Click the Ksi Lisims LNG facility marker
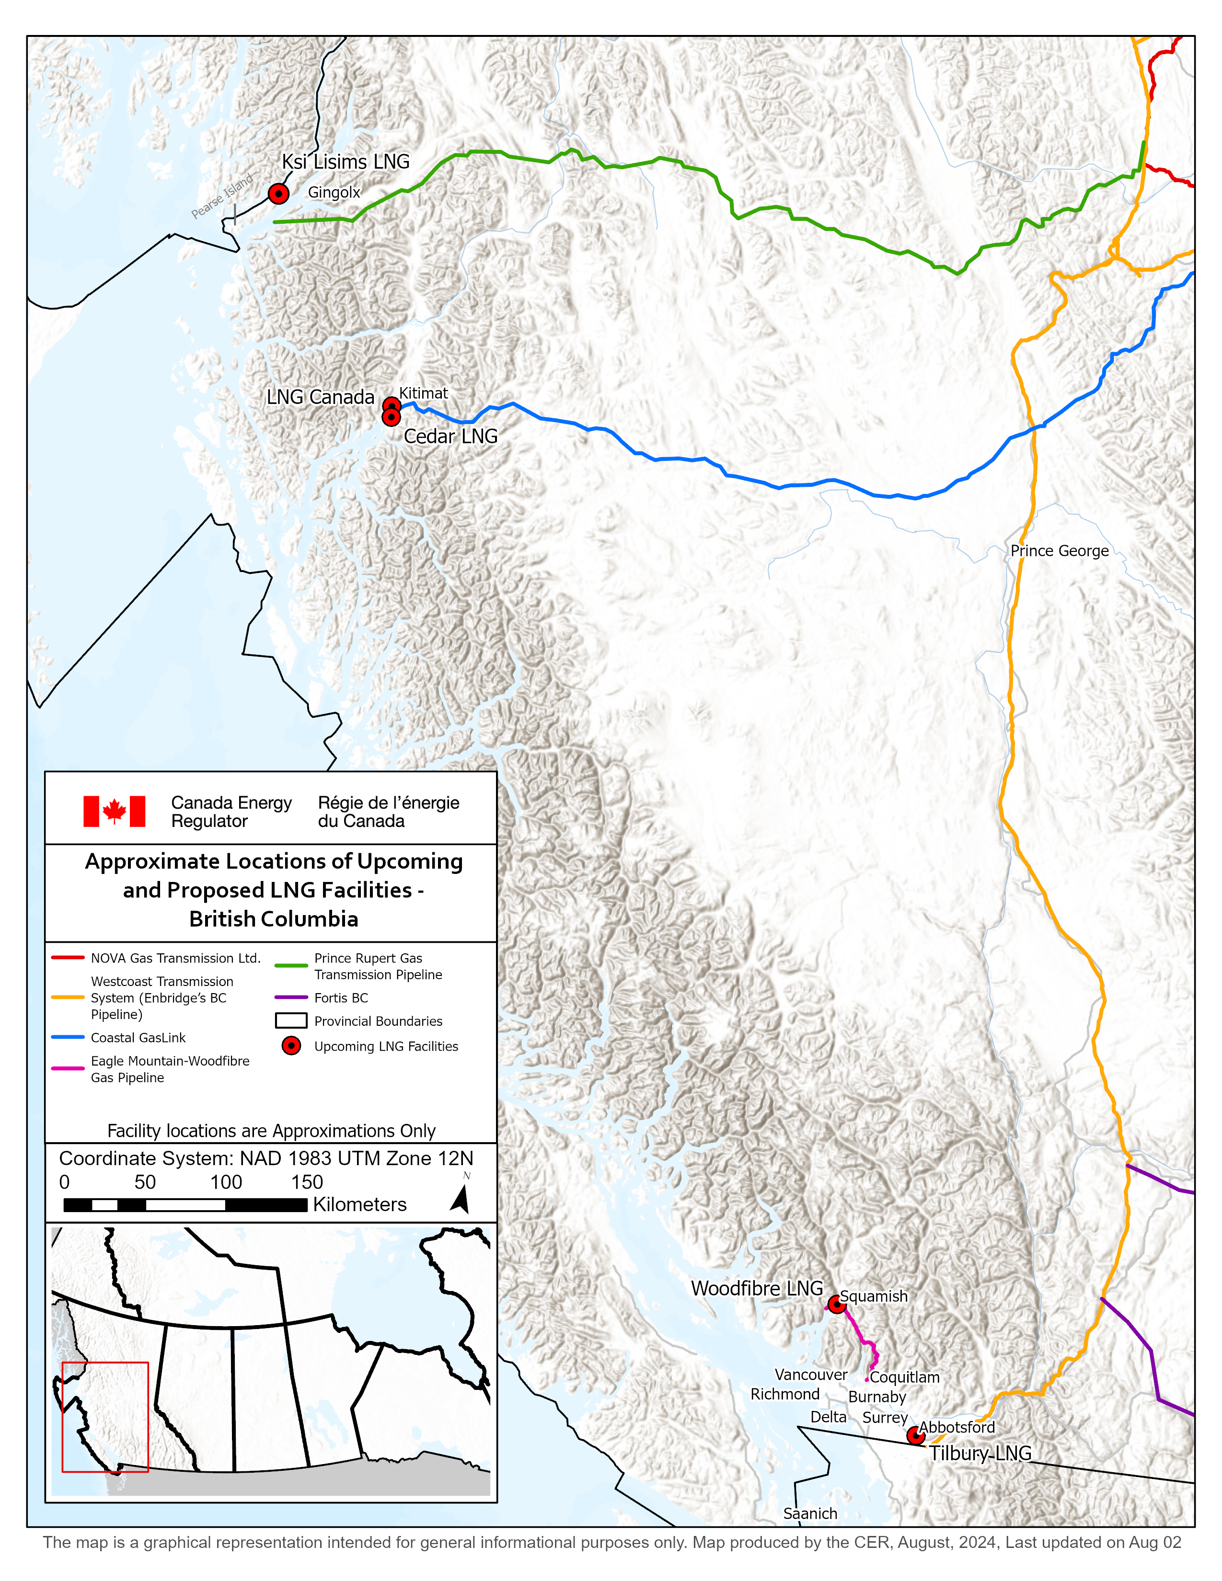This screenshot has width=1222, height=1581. (279, 194)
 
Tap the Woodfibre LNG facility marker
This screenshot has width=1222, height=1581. (837, 1305)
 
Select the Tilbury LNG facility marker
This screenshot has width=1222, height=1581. (916, 1435)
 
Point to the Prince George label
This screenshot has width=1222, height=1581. (1059, 551)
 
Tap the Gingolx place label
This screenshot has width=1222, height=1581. (334, 193)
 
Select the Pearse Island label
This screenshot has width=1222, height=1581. (222, 196)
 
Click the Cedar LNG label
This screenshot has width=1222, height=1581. (450, 436)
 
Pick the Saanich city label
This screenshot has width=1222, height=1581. (810, 1513)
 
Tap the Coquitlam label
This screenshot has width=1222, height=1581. (905, 1377)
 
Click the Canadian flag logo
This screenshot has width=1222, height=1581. (115, 812)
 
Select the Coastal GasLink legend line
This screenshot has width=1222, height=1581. (68, 1037)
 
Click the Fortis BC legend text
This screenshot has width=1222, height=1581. (341, 998)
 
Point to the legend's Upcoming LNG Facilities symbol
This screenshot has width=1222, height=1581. (291, 1046)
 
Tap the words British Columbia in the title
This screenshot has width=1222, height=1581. (274, 919)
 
